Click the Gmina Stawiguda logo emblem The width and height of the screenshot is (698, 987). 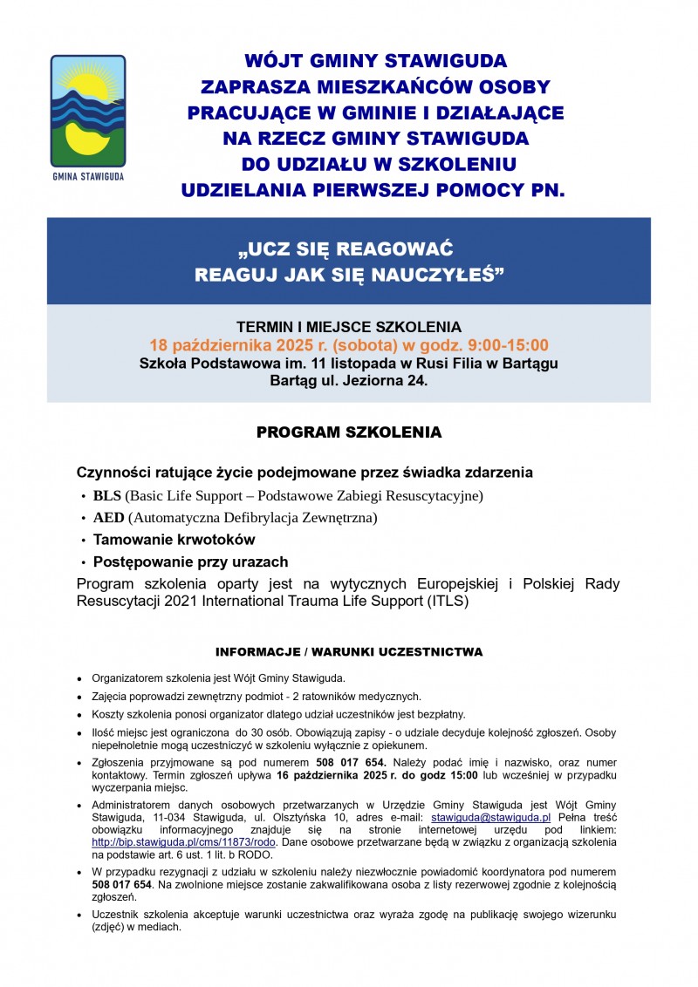coord(87,109)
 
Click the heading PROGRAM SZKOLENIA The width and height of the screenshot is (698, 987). coord(349,432)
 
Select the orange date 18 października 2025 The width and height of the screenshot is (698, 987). coord(236,345)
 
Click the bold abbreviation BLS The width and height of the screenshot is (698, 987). coord(107,496)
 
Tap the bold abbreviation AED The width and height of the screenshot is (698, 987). coord(109,518)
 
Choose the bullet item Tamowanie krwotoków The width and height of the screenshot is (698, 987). coord(174,540)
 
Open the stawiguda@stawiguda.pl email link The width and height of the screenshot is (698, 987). coord(491,817)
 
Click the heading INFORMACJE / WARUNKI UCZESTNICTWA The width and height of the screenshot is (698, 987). coord(349,652)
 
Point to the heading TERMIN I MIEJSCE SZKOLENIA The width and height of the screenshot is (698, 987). coord(349,327)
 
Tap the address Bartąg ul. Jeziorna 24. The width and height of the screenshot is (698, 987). coord(349,382)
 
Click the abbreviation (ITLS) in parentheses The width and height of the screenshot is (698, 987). coord(445,602)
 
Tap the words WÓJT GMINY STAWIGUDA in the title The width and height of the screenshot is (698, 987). coord(375,61)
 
